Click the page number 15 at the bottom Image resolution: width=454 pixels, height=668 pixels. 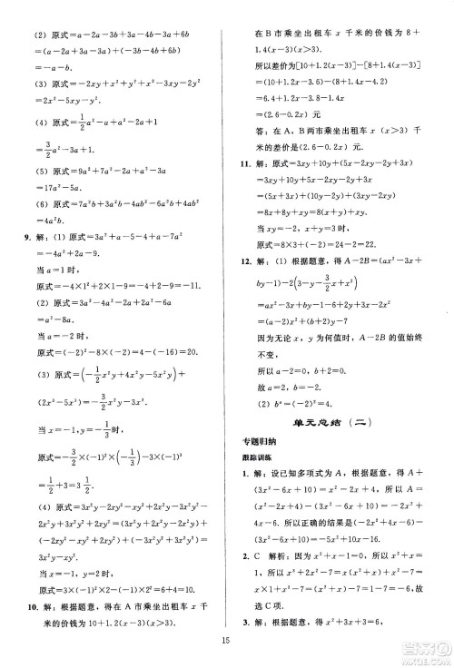pos(227,646)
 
